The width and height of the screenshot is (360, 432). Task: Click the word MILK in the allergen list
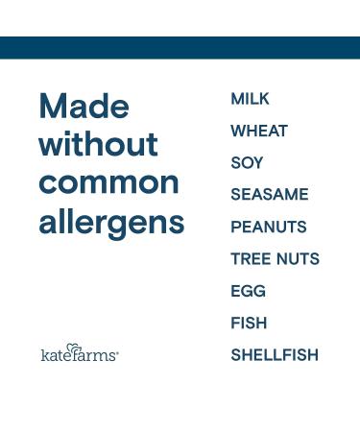coord(250,99)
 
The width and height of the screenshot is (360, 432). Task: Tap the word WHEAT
coord(259,131)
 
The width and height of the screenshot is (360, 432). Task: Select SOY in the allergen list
coord(247,163)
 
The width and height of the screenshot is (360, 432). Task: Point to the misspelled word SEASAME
coord(270,195)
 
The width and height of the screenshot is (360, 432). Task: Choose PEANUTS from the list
coord(269,228)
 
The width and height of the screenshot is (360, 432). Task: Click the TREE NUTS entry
coord(275,259)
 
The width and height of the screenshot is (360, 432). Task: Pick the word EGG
coord(248,291)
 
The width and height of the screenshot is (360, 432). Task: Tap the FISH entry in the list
coord(249,324)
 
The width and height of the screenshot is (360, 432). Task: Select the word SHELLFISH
coord(274,355)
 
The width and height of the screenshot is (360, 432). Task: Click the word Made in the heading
coord(84,107)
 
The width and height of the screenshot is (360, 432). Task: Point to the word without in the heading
coord(98,145)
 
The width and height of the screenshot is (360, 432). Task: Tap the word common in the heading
coord(108,182)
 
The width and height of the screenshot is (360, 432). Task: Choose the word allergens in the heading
coord(111,223)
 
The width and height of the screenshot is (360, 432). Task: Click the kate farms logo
coord(79,353)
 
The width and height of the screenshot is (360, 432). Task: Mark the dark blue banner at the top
coord(180,48)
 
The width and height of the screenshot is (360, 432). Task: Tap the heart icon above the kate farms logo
coord(74,347)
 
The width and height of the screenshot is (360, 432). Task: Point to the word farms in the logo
coord(94,355)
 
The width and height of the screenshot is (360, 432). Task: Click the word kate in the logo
coord(56,355)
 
